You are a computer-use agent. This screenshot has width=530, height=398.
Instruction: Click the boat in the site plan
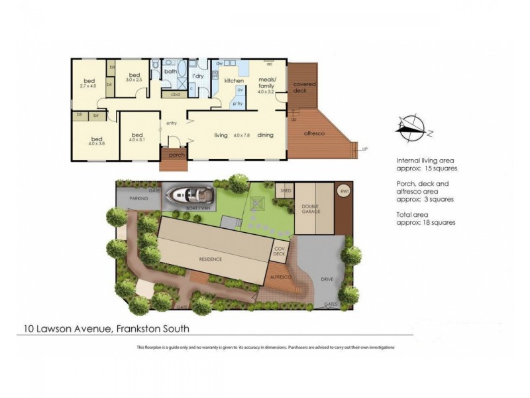pos(190,195)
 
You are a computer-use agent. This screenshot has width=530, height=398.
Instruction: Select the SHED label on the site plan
pos(286,190)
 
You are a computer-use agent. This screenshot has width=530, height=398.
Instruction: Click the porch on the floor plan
pos(176,155)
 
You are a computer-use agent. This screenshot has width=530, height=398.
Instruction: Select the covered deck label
pos(305,87)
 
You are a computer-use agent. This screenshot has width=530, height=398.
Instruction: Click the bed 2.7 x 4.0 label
pos(88,82)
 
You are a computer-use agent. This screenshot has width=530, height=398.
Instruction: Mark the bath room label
pos(170,72)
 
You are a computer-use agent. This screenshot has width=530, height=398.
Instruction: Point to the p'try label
pos(236,104)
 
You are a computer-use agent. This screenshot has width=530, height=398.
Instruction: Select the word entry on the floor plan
pos(172,123)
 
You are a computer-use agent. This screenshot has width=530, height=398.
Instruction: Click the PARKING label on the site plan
pos(138,198)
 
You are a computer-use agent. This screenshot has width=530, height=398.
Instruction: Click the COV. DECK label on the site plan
pos(279,251)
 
